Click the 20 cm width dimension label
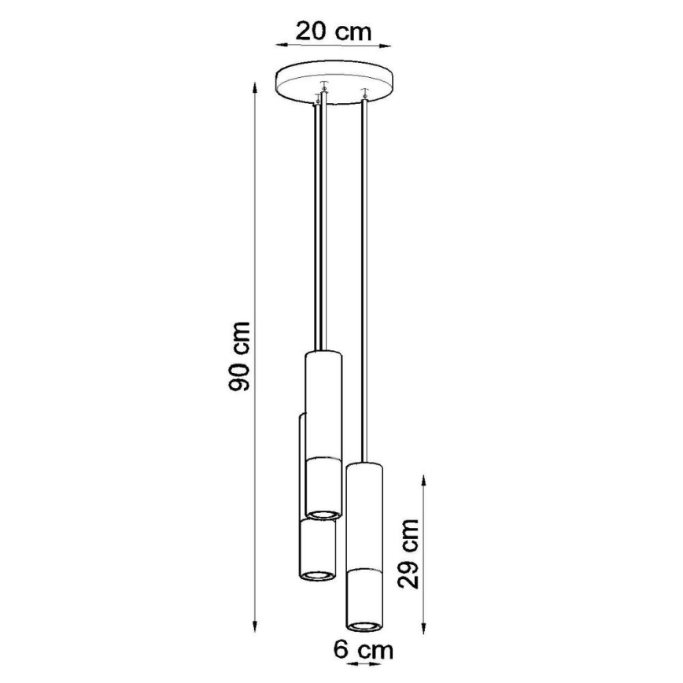pos(333,32)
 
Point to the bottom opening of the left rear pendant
pos(316,576)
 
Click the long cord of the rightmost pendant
pos(364,275)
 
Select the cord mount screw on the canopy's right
pos(364,92)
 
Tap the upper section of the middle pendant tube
pos(322,401)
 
